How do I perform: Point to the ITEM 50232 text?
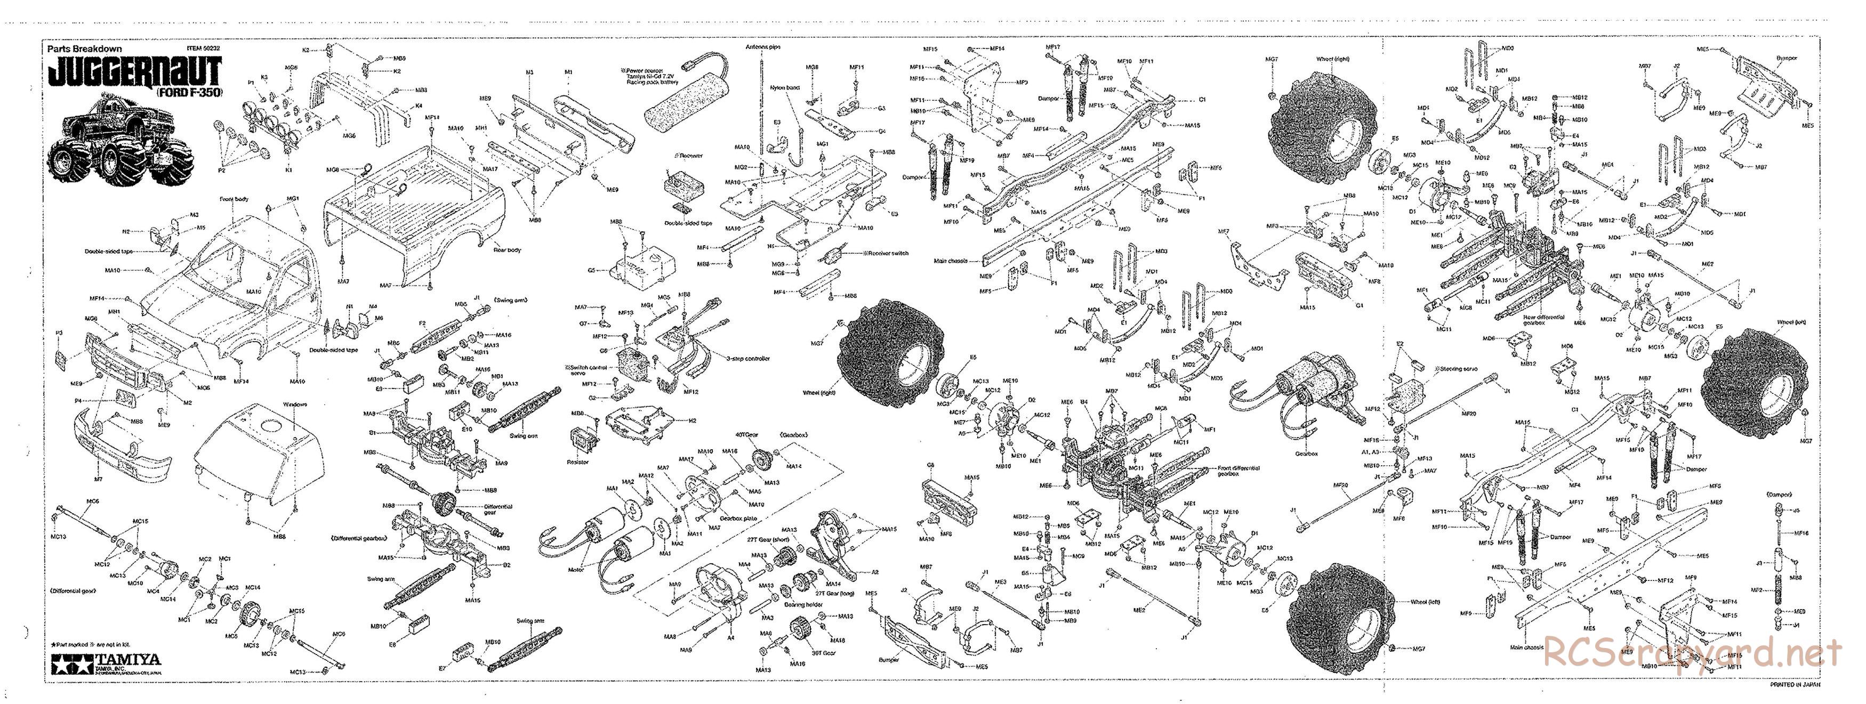tap(203, 49)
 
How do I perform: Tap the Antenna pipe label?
tap(763, 46)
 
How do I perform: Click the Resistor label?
tap(578, 462)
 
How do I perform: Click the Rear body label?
tap(507, 250)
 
